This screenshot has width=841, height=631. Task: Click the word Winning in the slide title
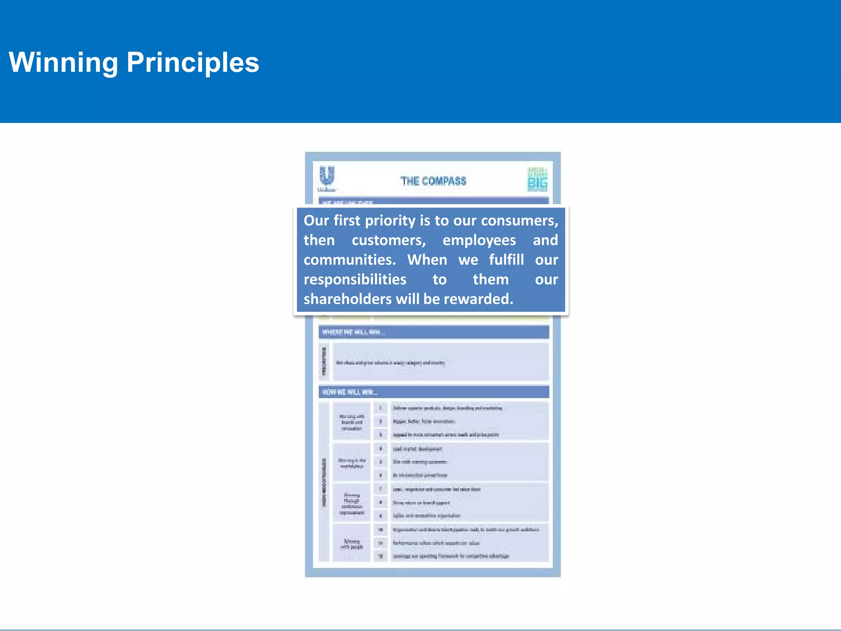click(x=63, y=62)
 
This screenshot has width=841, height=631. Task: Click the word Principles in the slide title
click(x=193, y=62)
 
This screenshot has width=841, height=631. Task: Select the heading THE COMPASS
click(x=433, y=181)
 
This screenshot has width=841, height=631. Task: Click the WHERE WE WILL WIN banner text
click(x=353, y=332)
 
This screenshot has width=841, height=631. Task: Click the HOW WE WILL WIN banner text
click(x=349, y=392)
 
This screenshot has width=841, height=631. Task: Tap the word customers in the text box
click(x=388, y=240)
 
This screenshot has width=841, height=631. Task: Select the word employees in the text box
click(x=479, y=240)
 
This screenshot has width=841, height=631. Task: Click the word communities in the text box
click(x=349, y=260)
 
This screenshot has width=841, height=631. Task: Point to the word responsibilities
click(x=355, y=279)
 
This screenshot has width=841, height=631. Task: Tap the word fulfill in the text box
click(x=506, y=260)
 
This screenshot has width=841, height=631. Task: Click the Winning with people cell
click(x=352, y=544)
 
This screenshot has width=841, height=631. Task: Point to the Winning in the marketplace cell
click(x=352, y=463)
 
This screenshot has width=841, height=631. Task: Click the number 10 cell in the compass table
click(x=381, y=530)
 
